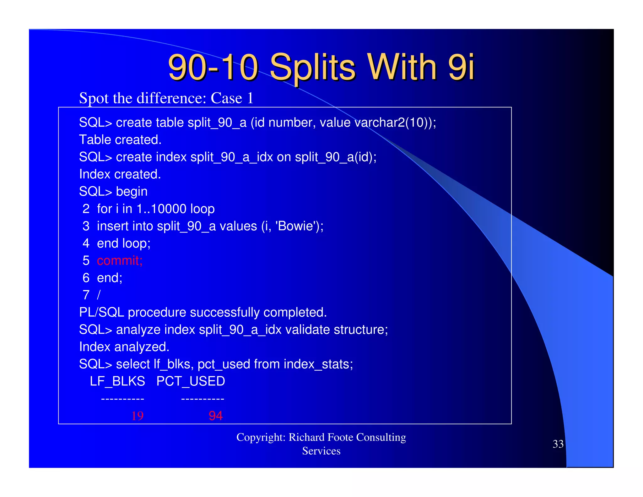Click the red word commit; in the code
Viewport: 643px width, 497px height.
point(120,261)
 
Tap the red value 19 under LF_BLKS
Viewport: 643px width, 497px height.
point(138,416)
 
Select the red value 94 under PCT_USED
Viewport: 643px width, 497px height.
point(216,416)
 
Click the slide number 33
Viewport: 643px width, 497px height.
point(558,444)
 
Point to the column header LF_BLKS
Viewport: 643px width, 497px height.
point(117,381)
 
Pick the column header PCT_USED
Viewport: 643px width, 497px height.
point(191,381)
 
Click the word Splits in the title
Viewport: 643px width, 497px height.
point(312,68)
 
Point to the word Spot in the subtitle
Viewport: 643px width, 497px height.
point(94,98)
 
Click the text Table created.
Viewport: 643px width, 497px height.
point(120,140)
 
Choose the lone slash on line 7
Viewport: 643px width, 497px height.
point(99,295)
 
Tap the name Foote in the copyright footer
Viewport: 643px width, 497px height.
point(340,437)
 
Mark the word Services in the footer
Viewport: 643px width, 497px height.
point(321,451)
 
